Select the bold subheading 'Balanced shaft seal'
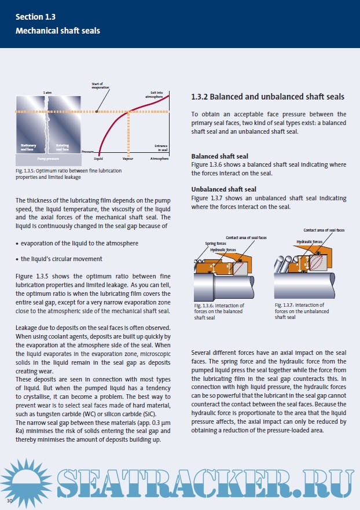click(x=220, y=156)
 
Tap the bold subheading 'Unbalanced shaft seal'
click(x=224, y=189)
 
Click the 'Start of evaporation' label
click(x=100, y=85)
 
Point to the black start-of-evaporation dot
click(x=97, y=111)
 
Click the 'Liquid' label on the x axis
click(x=98, y=157)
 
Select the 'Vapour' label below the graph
click(x=128, y=157)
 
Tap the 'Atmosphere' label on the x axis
click(x=159, y=157)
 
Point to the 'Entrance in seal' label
click(x=160, y=148)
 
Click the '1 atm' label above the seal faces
click(x=47, y=93)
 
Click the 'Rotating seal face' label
click(x=64, y=147)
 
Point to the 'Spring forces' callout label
click(x=215, y=244)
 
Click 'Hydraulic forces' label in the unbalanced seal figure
click(x=308, y=241)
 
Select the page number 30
click(x=10, y=499)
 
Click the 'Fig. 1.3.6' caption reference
click(x=203, y=305)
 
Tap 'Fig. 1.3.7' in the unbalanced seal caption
click(x=284, y=305)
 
